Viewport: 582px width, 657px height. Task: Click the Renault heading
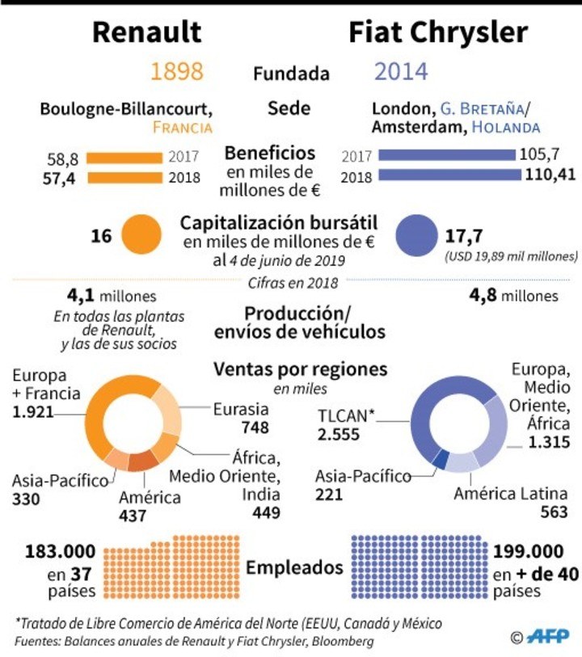click(146, 32)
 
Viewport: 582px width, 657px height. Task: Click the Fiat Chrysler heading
click(438, 32)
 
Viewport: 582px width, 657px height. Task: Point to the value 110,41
click(548, 175)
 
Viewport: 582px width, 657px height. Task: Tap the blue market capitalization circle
click(419, 235)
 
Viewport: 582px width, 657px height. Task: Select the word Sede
click(289, 108)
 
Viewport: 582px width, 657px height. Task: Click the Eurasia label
click(239, 409)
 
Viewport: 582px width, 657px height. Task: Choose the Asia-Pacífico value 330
click(26, 499)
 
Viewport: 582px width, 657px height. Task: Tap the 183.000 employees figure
click(61, 552)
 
